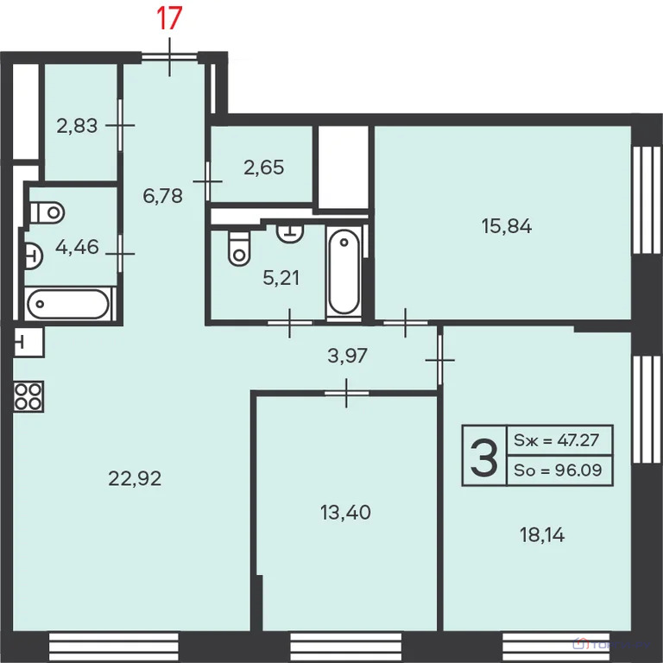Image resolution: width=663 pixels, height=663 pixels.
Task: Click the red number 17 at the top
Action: [x=169, y=18]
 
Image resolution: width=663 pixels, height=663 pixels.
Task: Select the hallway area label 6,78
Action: [x=162, y=195]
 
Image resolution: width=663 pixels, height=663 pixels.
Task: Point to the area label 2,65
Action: [x=263, y=167]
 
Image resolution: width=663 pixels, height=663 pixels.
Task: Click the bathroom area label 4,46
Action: [x=77, y=248]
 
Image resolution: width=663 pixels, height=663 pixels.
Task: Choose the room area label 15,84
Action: [x=506, y=226]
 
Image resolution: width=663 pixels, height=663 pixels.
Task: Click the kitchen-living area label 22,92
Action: [x=135, y=477]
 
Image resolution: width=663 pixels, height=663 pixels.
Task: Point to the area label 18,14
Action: [x=542, y=535]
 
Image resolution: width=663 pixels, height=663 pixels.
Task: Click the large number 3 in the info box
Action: [x=483, y=458]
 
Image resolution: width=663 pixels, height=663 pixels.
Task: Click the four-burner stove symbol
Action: [x=28, y=395]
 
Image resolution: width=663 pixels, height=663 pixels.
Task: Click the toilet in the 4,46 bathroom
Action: [x=46, y=211]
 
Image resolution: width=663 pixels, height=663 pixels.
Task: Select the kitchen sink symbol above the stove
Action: [x=28, y=343]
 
